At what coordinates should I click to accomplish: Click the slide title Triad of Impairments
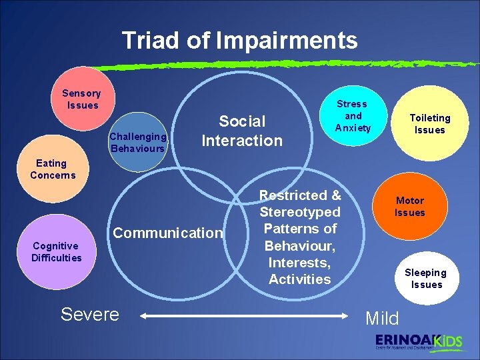tap(239, 41)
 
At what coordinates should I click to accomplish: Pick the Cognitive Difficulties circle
tap(57, 253)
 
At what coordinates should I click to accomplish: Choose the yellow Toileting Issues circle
tap(429, 124)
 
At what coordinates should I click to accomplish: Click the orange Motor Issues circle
tap(409, 207)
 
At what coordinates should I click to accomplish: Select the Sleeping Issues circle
tap(425, 277)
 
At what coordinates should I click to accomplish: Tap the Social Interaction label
tap(242, 131)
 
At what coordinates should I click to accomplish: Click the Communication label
tap(168, 233)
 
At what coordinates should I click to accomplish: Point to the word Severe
tap(89, 314)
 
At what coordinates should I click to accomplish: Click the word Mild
tap(382, 318)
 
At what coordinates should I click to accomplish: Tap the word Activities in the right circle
tap(299, 279)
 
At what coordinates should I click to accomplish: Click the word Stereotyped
tap(299, 212)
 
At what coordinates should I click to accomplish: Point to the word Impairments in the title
tap(287, 41)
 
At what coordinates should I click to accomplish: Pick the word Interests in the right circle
tap(298, 262)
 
